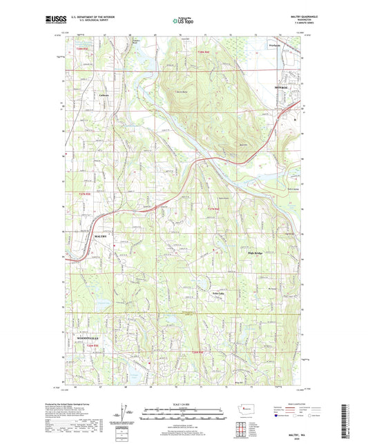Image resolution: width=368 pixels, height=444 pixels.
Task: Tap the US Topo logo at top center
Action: tap(183, 21)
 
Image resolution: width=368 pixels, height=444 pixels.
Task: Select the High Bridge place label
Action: tap(257, 252)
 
